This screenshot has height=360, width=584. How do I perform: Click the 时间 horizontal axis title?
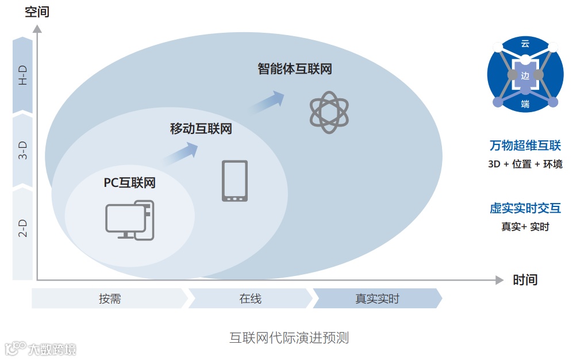pyautogui.click(x=525, y=280)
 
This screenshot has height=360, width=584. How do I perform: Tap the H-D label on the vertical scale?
pyautogui.click(x=22, y=75)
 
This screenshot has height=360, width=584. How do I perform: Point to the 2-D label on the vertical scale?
pyautogui.click(x=22, y=228)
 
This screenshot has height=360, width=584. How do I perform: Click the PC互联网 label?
pyautogui.click(x=129, y=183)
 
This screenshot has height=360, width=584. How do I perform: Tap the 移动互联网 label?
pyautogui.click(x=201, y=128)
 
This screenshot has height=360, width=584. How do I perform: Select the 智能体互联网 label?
pyautogui.click(x=294, y=69)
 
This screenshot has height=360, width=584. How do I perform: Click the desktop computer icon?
pyautogui.click(x=129, y=220)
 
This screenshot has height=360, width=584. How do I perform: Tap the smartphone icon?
pyautogui.click(x=235, y=181)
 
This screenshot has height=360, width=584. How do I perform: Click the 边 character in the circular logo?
pyautogui.click(x=525, y=75)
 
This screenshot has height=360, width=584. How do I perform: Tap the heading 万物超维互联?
pyautogui.click(x=525, y=145)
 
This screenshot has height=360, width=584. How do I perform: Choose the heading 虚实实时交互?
pyautogui.click(x=525, y=208)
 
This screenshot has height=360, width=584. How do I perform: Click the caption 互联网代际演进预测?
pyautogui.click(x=289, y=338)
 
